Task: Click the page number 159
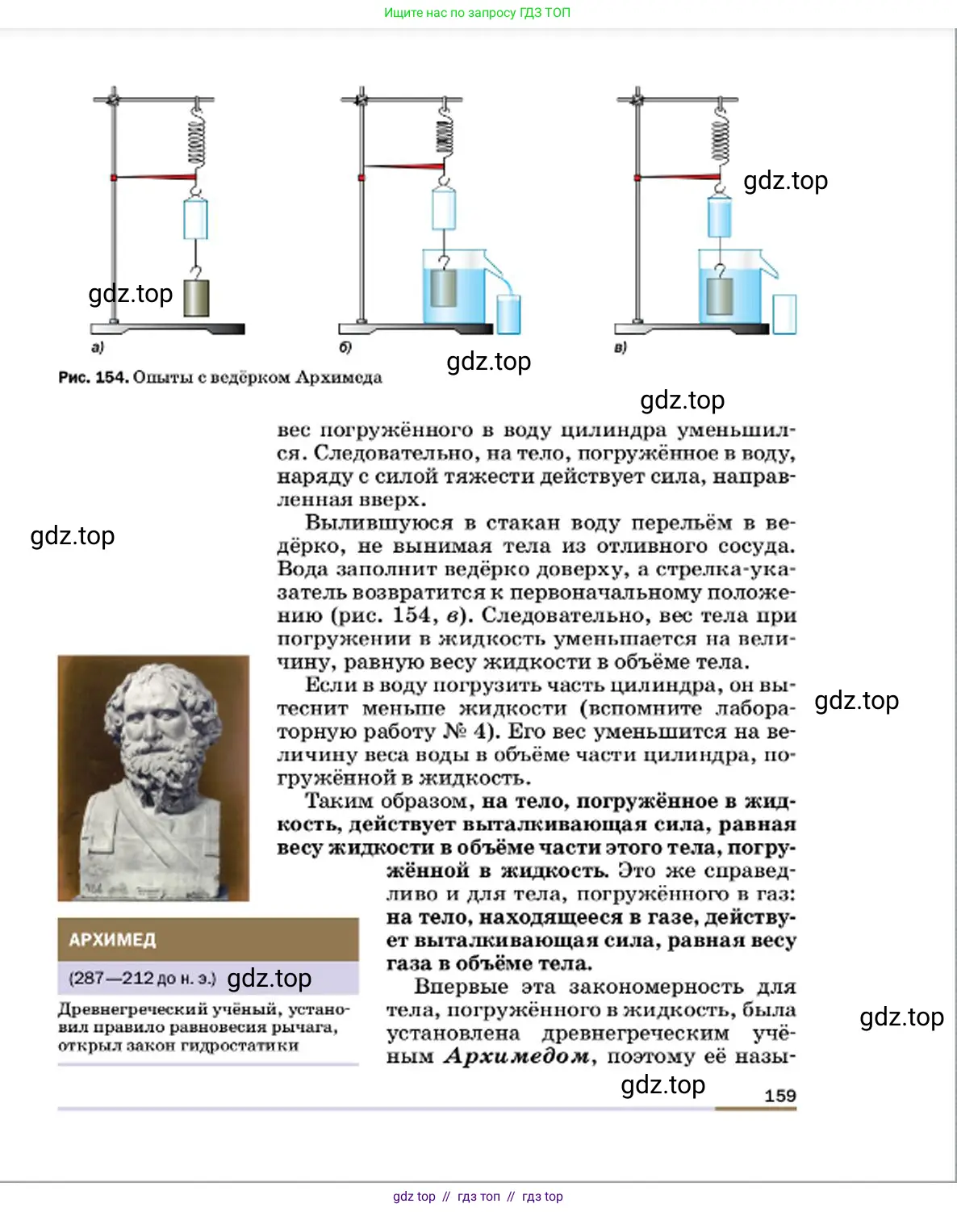(779, 1096)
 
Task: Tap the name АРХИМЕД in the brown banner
(112, 940)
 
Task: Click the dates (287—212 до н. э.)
(142, 979)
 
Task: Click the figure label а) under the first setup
(98, 347)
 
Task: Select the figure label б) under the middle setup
(345, 347)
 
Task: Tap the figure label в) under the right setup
(620, 348)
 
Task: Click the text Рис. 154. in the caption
(93, 377)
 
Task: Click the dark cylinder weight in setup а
(196, 297)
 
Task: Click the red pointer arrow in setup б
(403, 167)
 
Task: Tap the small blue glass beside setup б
(508, 314)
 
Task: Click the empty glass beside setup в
(784, 314)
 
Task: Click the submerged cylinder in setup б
(443, 287)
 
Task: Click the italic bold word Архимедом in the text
(516, 1056)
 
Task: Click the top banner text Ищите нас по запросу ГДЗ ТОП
(477, 13)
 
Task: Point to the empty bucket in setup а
(195, 219)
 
